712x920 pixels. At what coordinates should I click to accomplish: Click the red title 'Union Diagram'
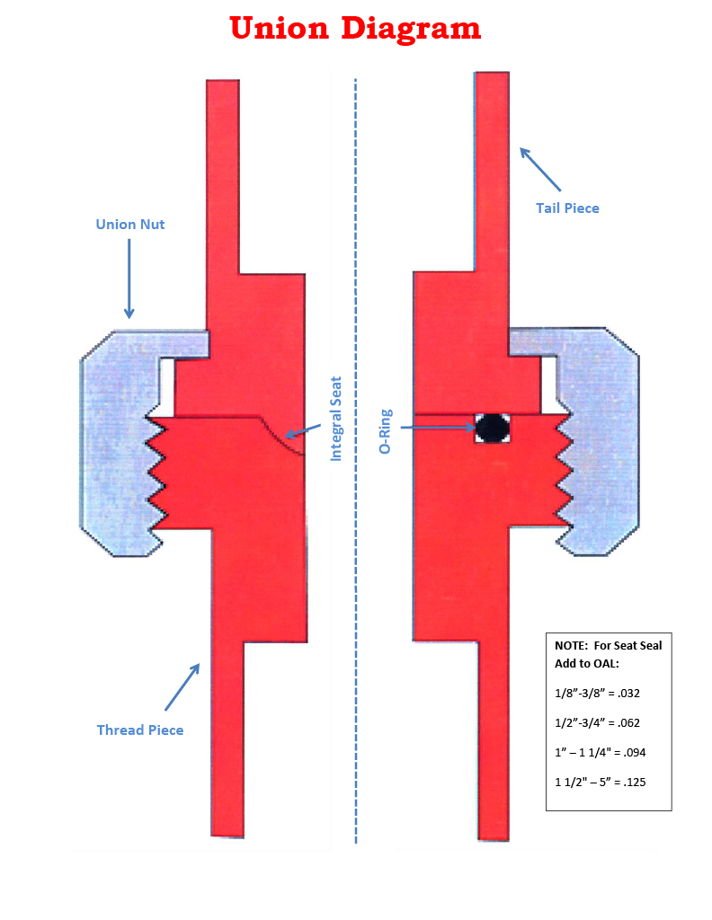(355, 28)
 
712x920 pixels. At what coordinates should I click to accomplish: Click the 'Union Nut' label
(130, 224)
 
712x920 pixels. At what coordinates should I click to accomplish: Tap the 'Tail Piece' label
(567, 208)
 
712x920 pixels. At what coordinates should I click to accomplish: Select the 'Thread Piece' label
(140, 730)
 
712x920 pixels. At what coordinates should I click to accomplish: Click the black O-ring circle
(492, 429)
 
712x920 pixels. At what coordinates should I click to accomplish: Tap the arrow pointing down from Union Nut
(129, 279)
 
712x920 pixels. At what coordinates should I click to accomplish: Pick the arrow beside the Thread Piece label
(182, 686)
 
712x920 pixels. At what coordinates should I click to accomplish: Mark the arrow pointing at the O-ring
(437, 428)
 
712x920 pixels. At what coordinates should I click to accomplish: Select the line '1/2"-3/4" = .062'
(597, 721)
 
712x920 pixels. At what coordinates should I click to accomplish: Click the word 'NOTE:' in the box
(572, 645)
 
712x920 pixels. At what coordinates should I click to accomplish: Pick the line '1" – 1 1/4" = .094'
(599, 751)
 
